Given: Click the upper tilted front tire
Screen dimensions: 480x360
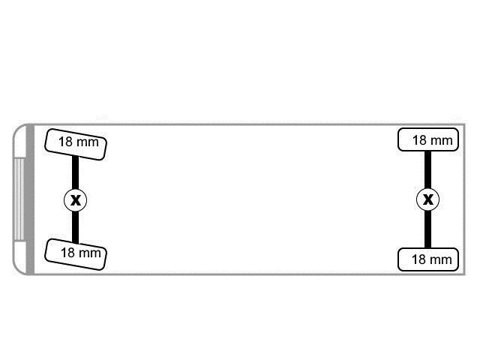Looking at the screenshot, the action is [x=76, y=145].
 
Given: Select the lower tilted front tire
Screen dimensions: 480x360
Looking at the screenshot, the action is [x=76, y=254].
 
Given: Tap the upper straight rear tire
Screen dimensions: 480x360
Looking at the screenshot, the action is [x=428, y=139].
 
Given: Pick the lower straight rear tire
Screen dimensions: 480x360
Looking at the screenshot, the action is [x=428, y=259].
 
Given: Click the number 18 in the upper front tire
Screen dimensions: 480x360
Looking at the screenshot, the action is [x=65, y=142].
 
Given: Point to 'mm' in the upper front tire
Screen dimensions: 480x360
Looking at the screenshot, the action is [x=88, y=143].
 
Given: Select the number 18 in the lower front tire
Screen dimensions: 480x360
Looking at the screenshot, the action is [x=67, y=253].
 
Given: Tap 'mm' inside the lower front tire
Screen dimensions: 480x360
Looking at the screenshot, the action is [x=90, y=253].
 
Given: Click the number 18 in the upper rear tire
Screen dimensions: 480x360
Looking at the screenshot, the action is [x=419, y=140].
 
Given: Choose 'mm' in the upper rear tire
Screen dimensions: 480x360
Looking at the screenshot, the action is [x=442, y=142].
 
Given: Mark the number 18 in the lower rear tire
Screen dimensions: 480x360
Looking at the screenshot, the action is [x=418, y=259].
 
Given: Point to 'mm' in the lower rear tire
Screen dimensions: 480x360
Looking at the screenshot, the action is [x=441, y=260].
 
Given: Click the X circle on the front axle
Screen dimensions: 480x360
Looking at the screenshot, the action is [x=75, y=200].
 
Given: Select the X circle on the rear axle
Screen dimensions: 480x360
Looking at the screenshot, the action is [x=428, y=199].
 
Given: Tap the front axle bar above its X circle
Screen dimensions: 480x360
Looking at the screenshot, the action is [x=75, y=172].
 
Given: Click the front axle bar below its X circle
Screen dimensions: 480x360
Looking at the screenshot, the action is [x=75, y=227].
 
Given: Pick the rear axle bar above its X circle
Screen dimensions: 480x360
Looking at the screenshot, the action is [x=428, y=169].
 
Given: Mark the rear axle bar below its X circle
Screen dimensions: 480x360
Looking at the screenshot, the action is [x=428, y=229].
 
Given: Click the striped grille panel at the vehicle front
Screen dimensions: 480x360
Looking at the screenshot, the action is [x=19, y=199].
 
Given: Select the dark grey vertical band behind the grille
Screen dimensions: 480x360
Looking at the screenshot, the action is [x=30, y=199].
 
